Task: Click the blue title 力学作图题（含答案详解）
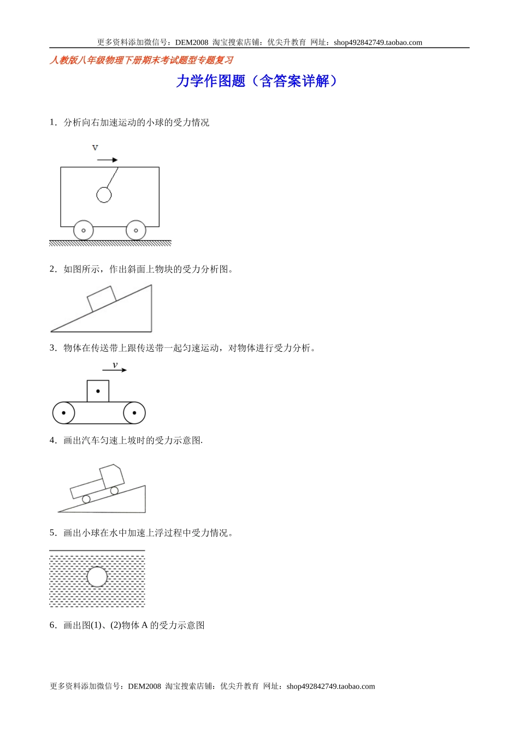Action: [x=257, y=81]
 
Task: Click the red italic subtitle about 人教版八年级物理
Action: [x=141, y=60]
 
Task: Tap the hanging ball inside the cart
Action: [x=104, y=195]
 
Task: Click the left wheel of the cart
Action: [x=83, y=230]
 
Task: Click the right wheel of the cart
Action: [x=135, y=230]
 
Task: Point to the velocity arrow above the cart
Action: [x=107, y=160]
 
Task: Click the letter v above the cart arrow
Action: [x=95, y=147]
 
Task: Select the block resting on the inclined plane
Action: [x=102, y=298]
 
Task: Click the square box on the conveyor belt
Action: [x=98, y=391]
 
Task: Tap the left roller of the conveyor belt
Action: [x=63, y=413]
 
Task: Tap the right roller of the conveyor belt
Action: [x=134, y=413]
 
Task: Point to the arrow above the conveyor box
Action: [x=114, y=370]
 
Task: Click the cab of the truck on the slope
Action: [x=112, y=475]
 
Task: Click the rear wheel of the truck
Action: [x=86, y=499]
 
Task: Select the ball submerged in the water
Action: [x=97, y=577]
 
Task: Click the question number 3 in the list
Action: [x=52, y=348]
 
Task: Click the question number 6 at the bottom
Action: [x=52, y=625]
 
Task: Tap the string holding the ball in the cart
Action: [x=113, y=178]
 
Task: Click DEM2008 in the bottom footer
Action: [x=144, y=686]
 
